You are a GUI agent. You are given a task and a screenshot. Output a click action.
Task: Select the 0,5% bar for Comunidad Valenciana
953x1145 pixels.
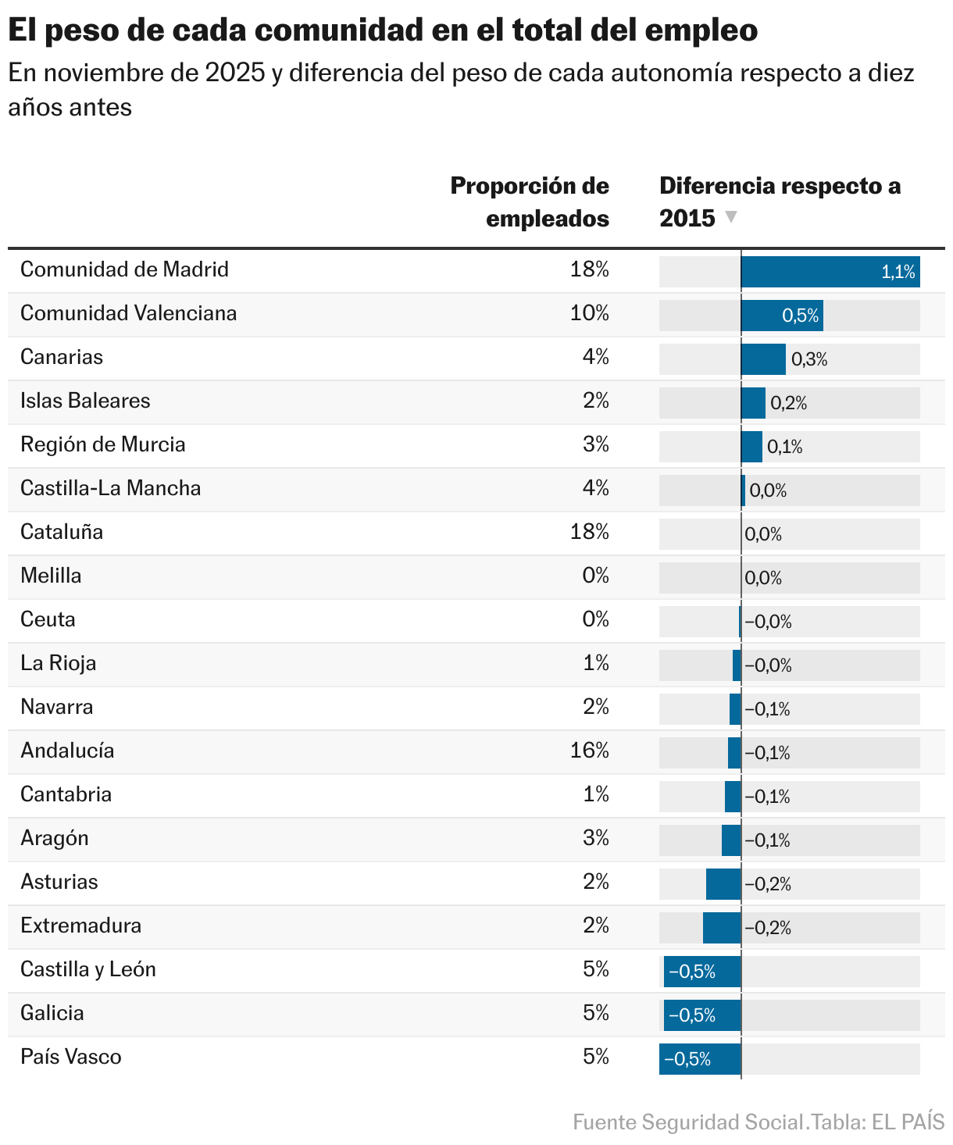pos(781,316)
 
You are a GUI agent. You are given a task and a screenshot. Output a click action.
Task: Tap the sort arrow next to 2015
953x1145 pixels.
pos(731,217)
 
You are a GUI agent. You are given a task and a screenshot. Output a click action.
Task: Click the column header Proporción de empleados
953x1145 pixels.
pos(530,202)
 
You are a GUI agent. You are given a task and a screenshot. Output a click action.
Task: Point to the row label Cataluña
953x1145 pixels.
pos(62,532)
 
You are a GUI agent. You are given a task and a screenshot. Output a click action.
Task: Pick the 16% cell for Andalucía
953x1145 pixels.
pos(589,751)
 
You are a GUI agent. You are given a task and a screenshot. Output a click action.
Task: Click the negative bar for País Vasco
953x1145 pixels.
pos(699,1059)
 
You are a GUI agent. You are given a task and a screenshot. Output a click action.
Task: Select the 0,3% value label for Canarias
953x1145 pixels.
pos(809,359)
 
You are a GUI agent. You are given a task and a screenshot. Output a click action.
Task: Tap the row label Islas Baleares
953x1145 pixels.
pos(85,401)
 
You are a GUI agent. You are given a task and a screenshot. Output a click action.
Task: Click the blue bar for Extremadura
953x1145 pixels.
pos(721,928)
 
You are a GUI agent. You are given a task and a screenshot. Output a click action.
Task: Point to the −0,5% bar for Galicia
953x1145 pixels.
pos(701,1015)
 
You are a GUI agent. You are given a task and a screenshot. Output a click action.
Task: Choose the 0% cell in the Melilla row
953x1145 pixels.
pos(595,576)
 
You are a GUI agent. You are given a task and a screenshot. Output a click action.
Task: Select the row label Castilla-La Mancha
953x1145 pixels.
pos(110,488)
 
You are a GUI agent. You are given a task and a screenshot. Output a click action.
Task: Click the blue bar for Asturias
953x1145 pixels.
pos(723,884)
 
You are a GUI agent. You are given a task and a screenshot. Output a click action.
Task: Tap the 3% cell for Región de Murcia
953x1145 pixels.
pos(595,444)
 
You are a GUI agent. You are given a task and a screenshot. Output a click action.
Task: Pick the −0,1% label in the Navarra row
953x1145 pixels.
pos(767,709)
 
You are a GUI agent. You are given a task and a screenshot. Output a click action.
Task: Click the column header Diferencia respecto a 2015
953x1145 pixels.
pos(779,202)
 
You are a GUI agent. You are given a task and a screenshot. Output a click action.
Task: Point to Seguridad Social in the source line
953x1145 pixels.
pos(722,1122)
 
